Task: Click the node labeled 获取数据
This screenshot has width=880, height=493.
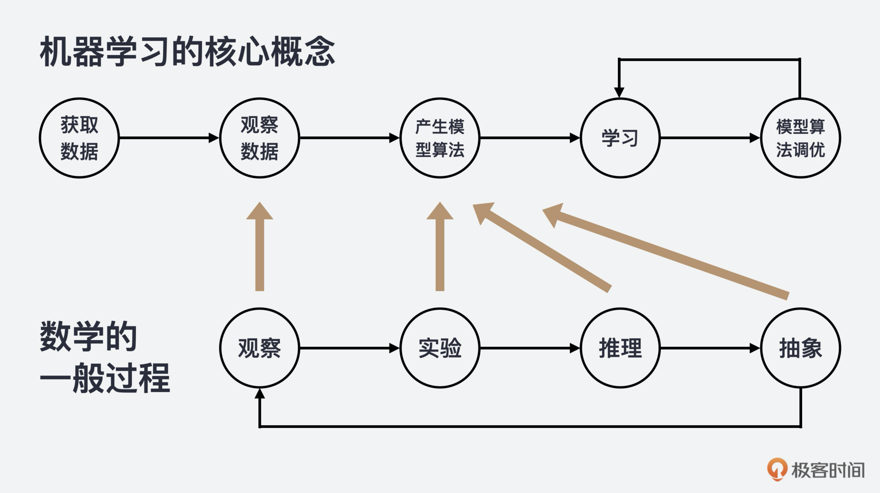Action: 79,137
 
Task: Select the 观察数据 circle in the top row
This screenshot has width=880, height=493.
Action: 259,137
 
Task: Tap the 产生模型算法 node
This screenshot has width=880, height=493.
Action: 440,137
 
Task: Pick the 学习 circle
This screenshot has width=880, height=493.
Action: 620,137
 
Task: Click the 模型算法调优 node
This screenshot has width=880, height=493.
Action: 800,137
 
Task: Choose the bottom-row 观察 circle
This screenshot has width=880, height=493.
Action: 259,348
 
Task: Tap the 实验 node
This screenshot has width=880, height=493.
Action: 440,348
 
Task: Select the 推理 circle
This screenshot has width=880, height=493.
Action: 620,348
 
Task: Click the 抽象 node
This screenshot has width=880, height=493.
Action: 800,348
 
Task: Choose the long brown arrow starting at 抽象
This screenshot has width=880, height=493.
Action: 665,252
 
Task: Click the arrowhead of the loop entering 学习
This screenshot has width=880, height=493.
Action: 619,92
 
